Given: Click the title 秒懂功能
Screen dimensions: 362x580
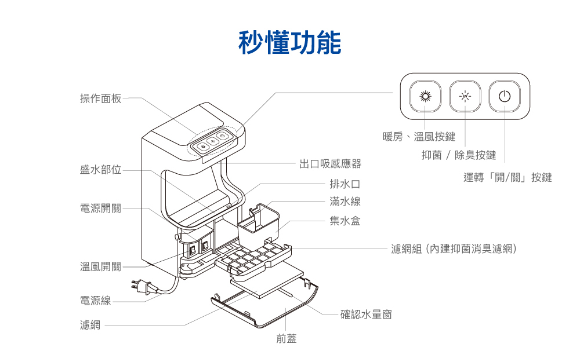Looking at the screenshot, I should (289, 42).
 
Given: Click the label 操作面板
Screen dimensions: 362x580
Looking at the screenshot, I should (100, 98).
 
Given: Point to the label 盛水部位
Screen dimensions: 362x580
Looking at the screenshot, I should (100, 170).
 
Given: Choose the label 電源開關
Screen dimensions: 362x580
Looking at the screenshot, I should (100, 209).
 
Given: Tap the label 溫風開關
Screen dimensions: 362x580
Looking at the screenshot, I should (100, 266).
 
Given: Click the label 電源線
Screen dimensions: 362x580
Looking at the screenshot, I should (95, 301).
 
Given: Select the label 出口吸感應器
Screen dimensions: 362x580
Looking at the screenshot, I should (330, 164).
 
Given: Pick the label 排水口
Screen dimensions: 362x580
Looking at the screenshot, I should (345, 184).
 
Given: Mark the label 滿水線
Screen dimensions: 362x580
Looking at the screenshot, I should (345, 202).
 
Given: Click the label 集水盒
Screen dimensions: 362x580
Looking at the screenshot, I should (345, 221).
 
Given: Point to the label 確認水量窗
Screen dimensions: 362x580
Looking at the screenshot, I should (366, 315).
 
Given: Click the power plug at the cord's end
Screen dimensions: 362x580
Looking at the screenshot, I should (141, 286).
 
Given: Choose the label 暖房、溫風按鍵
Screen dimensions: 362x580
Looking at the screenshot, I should (419, 137).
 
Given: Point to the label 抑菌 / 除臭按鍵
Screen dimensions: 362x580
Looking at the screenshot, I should (458, 155).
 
